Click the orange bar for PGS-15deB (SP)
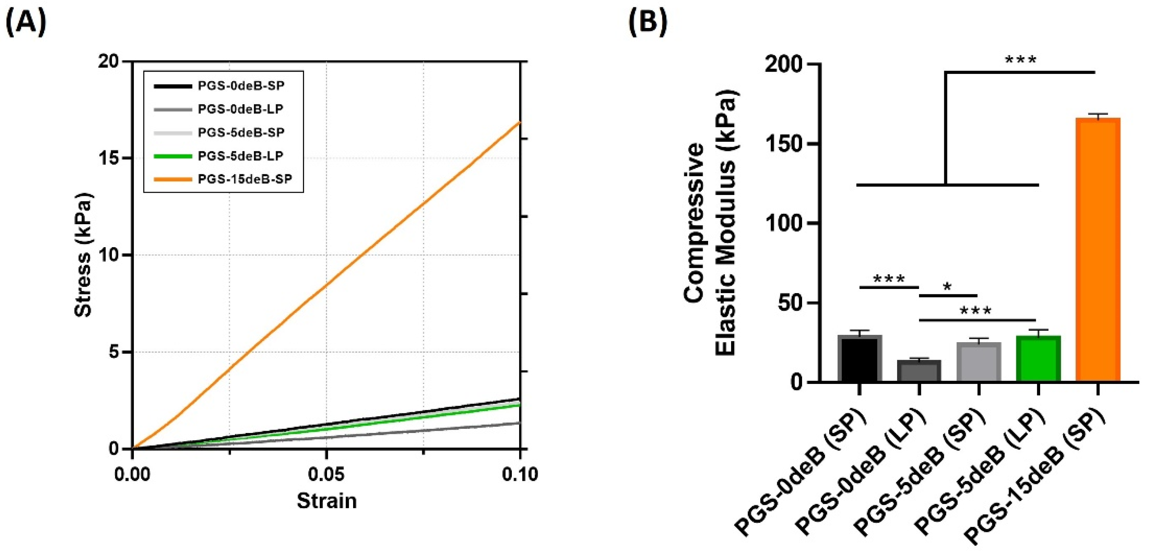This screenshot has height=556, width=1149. point(1098,250)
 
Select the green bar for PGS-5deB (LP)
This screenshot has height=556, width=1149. point(1038,359)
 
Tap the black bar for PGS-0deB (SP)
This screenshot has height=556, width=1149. point(860,359)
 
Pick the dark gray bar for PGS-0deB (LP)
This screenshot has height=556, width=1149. point(919,371)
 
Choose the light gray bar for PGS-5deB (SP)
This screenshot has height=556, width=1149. point(979,362)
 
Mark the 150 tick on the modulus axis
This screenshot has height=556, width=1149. point(785,144)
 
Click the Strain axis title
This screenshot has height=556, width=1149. point(327,501)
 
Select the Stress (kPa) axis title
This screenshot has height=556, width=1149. point(84,255)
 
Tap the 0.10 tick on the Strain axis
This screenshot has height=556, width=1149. point(519,474)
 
